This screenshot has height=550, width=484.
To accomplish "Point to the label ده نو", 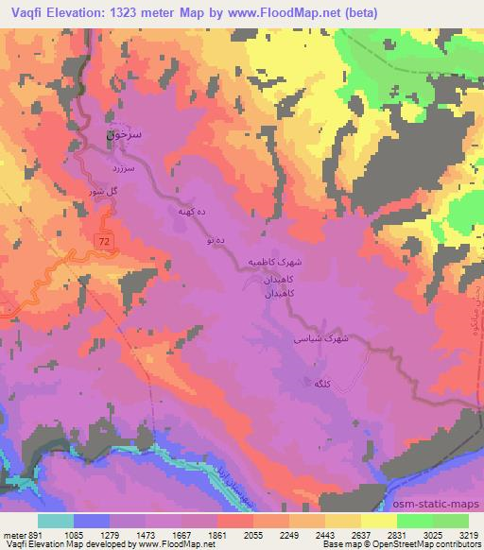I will tap(214, 241).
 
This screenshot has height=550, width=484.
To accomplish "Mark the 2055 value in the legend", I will tap(252, 535).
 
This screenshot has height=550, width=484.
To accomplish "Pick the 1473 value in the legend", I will tap(145, 535).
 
